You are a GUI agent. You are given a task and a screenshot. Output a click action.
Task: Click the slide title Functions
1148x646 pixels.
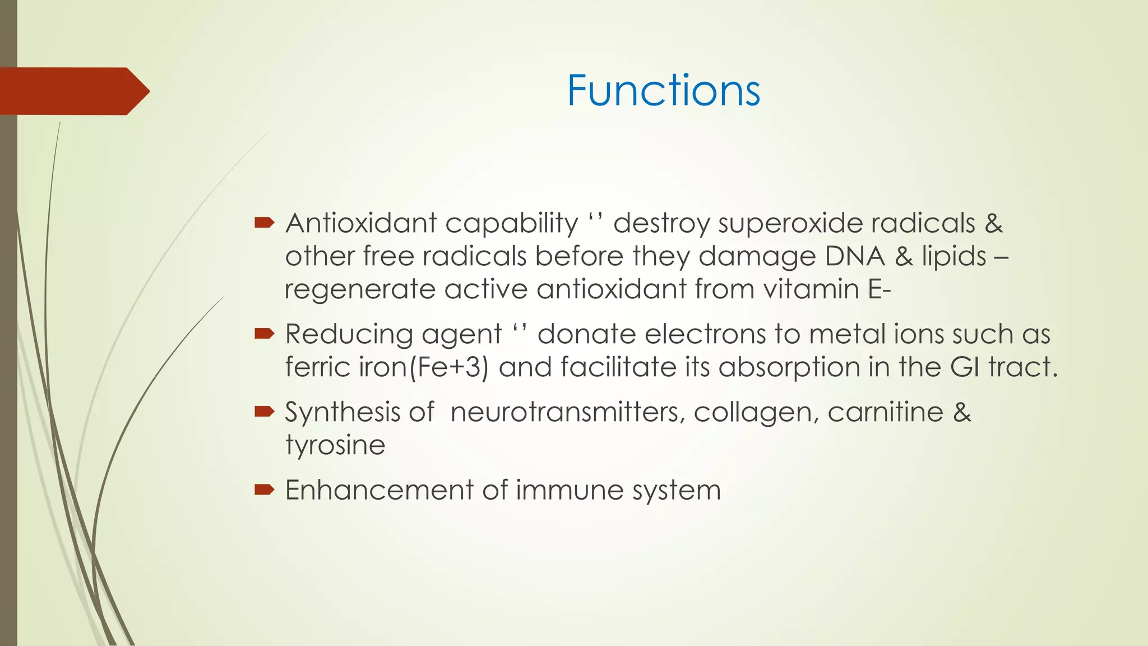click(x=663, y=90)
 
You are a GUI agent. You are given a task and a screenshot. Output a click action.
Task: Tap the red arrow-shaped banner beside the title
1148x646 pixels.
click(x=73, y=91)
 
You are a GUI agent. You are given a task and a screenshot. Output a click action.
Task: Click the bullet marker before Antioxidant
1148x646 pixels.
click(x=264, y=223)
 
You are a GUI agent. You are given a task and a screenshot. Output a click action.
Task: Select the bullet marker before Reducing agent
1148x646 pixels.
click(x=264, y=334)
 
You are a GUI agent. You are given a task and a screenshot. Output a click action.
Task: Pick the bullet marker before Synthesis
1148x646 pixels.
click(x=264, y=412)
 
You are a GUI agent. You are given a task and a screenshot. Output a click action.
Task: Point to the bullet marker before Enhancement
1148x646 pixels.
click(x=264, y=490)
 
